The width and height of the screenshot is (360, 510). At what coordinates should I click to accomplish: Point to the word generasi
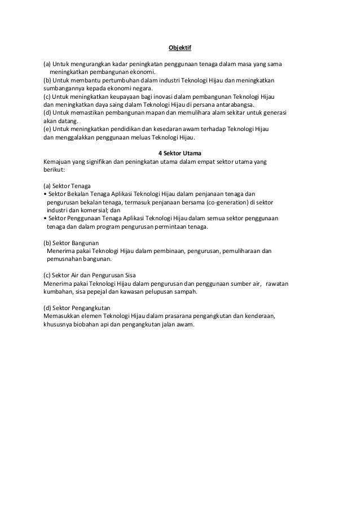click(274, 113)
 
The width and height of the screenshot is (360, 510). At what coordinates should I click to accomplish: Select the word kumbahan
click(59, 292)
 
